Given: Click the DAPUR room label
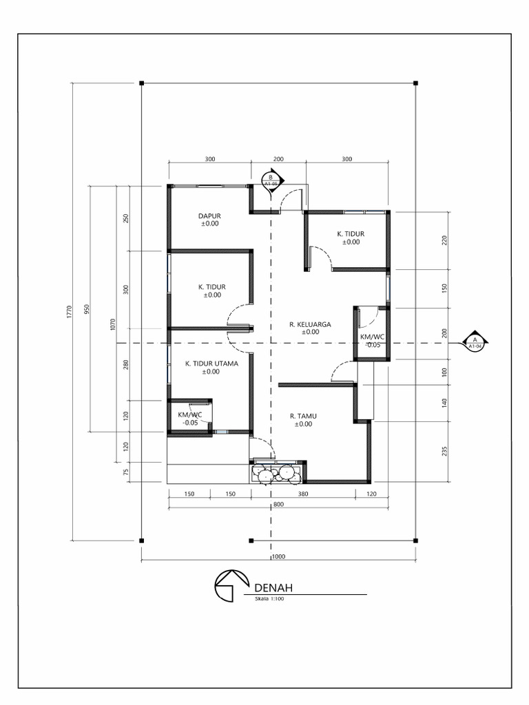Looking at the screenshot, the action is pos(209,215).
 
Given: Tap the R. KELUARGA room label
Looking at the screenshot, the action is pos(311,324).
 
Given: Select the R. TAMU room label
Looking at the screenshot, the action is pos(303,417).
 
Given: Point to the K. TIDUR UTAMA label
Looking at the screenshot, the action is pos(211,364).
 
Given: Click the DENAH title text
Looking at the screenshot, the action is pos(273,588).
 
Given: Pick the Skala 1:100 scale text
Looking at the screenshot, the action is pos(269,599).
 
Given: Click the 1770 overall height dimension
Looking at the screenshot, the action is pos(70,312).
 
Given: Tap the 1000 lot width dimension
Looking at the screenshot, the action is pos(279,556).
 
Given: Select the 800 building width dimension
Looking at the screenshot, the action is pos(278,505).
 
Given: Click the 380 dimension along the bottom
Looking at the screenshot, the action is pos(303,494).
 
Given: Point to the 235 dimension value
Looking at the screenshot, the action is pos(444,452).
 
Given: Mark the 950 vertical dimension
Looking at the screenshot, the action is pos(87,309).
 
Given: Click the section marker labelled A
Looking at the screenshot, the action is pos(475,343).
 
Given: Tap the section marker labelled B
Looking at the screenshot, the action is pos(271,180).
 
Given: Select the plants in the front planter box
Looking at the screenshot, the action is pos(276,474).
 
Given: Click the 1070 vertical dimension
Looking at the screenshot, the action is pos(113,325).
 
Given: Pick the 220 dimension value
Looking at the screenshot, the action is pos(444,240).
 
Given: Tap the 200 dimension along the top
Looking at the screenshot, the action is pos(278,159).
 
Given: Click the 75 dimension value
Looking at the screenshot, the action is pos(126,472).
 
